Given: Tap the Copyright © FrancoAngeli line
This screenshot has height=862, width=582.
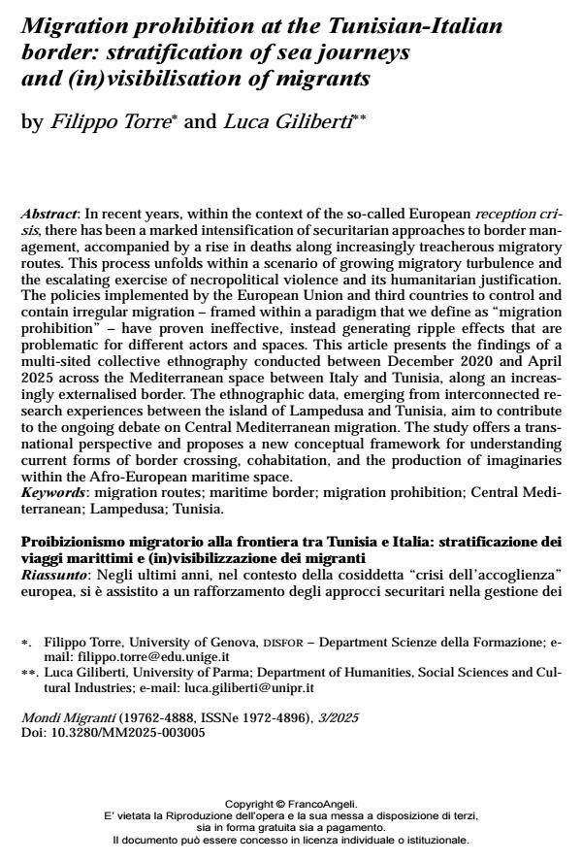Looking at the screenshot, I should pos(291,804).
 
